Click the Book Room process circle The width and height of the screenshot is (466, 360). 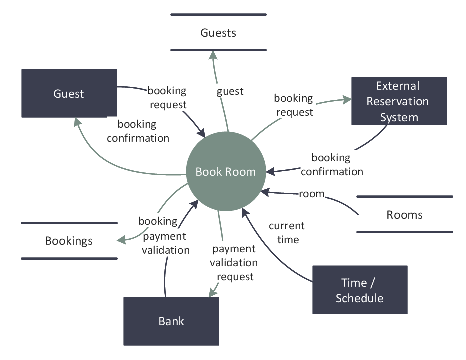coord(225,172)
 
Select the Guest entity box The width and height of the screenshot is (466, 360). coord(69,93)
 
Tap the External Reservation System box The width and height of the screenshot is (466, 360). coord(399,101)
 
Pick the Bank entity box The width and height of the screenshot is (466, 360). coord(171,321)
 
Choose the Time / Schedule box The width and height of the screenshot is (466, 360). coord(359,290)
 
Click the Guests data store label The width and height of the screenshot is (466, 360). coord(218,33)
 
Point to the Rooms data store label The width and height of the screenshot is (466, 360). coord(404,215)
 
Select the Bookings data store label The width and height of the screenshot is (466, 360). coord(69,241)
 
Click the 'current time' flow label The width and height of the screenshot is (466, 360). coord(286,233)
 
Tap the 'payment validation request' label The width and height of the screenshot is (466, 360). coord(234,262)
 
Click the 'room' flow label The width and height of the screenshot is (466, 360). coord(311,194)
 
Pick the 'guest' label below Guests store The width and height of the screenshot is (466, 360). coord(230,91)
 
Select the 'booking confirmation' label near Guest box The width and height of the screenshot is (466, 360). coord(138,131)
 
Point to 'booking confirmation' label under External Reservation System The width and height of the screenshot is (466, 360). coord(331,165)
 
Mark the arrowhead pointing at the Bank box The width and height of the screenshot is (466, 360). coord(213,293)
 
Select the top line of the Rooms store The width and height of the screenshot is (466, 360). coord(404,197)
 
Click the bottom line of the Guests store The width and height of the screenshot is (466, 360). coord(218,50)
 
